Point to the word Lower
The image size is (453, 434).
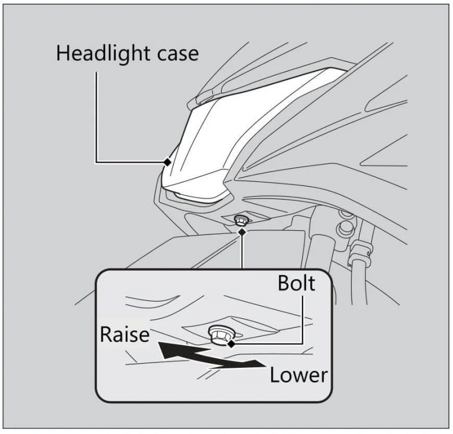tap(298, 374)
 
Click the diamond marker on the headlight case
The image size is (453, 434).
tap(168, 161)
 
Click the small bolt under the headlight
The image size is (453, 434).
tap(240, 221)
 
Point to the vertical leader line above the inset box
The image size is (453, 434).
tap(241, 251)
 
